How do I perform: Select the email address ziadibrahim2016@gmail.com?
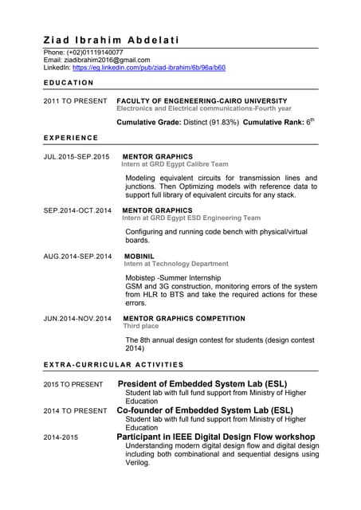pos(107,60)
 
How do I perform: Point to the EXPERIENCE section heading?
pos(71,138)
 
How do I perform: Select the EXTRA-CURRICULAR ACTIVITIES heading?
pos(113,364)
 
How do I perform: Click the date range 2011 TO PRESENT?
pos(75,101)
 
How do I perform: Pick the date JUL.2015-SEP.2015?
pos(77,157)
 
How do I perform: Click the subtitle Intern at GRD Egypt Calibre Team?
pos(175,164)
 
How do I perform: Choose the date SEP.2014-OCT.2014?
pos(77,210)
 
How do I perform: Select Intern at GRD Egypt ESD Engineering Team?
pos(190,218)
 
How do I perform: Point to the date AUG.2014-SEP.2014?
pos(77,257)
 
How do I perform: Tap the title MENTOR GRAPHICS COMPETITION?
pos(183,319)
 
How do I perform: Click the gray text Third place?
pos(140,326)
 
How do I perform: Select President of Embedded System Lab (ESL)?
pos(202,383)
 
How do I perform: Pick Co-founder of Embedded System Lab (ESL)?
pos(205,410)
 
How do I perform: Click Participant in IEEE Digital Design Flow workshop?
pos(215,437)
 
